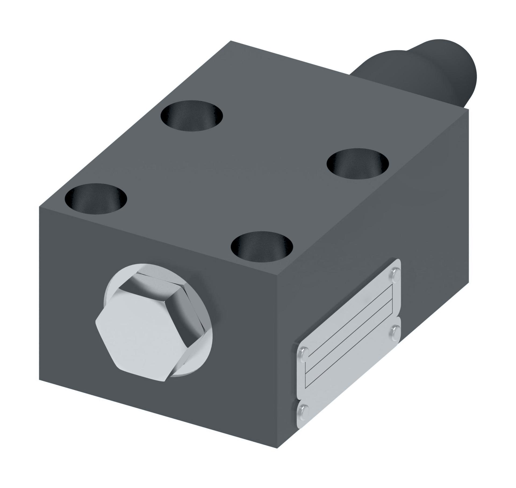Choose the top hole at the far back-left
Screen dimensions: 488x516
coord(192,116)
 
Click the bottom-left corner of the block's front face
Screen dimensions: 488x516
coord(40,379)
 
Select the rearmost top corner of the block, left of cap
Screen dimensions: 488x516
coord(231,41)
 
